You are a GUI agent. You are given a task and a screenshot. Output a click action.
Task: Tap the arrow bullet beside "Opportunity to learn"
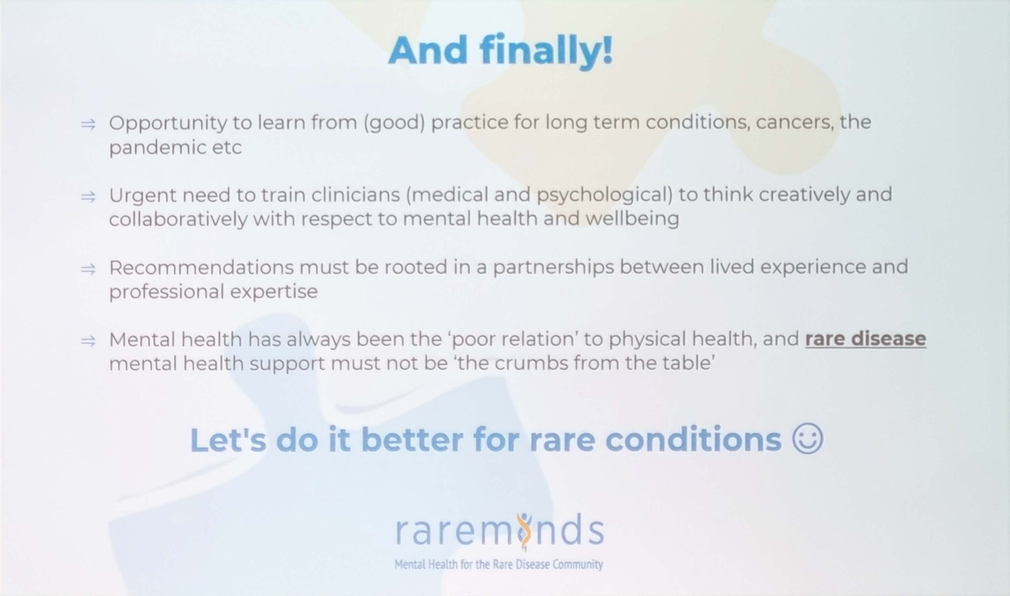coord(88,125)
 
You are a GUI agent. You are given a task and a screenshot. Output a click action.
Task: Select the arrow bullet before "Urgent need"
coord(88,197)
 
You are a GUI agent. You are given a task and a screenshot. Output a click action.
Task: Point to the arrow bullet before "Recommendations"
coord(88,269)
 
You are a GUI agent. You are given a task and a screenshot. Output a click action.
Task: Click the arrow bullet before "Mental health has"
coord(88,341)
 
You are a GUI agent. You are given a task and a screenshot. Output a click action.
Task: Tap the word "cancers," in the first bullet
coord(793,123)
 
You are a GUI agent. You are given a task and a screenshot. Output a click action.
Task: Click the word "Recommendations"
coord(201,267)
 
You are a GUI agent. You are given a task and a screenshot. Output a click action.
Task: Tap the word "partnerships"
coord(554,268)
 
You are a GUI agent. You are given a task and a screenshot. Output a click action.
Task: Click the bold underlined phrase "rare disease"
coord(866,339)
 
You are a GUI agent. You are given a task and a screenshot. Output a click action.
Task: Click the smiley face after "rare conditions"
coord(808,439)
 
